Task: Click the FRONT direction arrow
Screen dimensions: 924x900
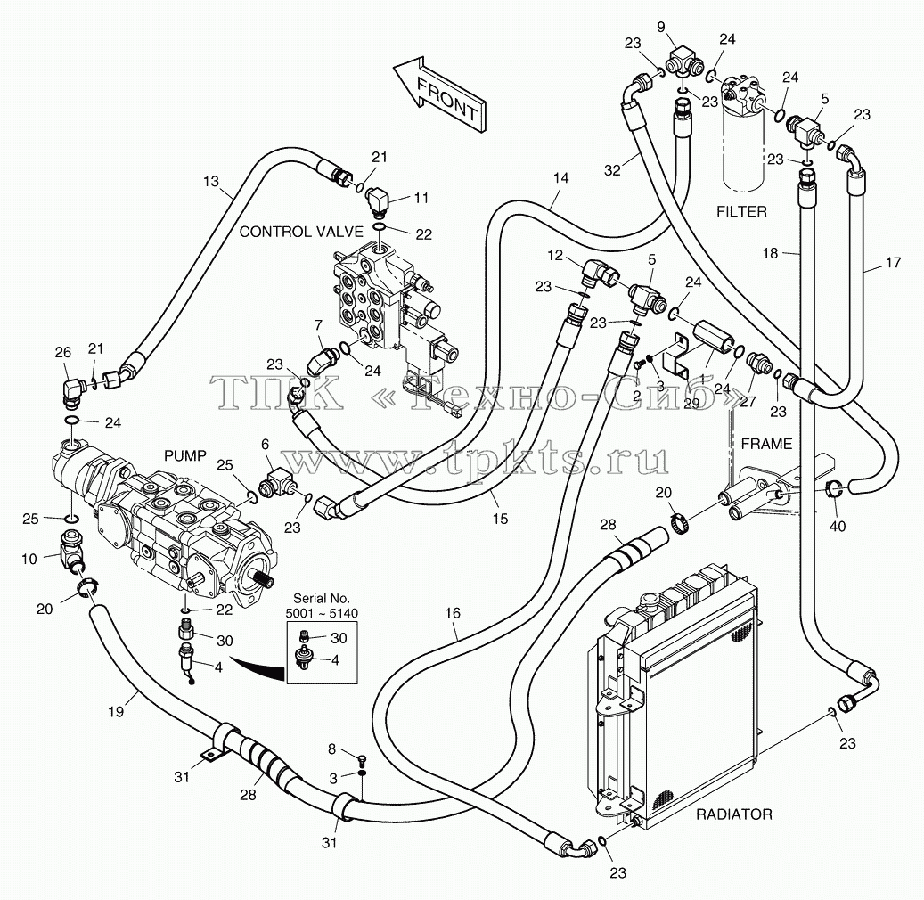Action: [439, 94]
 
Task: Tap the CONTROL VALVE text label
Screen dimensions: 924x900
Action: [300, 232]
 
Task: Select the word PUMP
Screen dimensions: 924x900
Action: [185, 455]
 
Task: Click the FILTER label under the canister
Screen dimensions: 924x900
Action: [741, 211]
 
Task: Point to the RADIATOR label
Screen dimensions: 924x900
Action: [733, 814]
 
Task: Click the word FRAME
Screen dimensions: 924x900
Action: [766, 443]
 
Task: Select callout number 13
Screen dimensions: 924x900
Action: [211, 182]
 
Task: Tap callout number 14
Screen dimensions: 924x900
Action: [561, 177]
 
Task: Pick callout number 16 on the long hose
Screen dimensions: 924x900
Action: [453, 613]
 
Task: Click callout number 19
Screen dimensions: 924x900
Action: [116, 711]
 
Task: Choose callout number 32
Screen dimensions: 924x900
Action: [613, 169]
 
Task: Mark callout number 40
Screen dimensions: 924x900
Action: [838, 525]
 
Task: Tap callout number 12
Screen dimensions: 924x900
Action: [556, 257]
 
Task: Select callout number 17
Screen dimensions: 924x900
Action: [894, 262]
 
